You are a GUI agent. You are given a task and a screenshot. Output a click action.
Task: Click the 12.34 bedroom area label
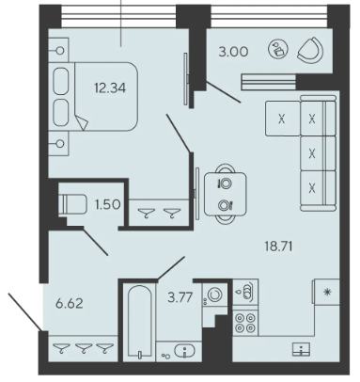point(110,88)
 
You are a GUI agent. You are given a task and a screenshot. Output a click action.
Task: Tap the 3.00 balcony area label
point(233,52)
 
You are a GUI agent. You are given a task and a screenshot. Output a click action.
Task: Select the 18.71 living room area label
point(278,247)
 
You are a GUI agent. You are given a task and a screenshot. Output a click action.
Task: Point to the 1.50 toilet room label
point(107,204)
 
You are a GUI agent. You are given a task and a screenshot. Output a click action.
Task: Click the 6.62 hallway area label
point(70,303)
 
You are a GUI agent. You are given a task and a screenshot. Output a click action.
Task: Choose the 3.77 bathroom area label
point(180,296)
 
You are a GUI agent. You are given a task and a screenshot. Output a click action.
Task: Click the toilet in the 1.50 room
point(72,204)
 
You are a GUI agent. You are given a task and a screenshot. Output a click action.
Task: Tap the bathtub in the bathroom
point(140,321)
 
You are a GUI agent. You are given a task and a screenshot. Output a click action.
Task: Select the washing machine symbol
point(213,295)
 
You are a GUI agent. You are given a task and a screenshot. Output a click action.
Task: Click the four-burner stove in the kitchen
point(245,323)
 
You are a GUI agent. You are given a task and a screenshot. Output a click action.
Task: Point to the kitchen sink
point(301,349)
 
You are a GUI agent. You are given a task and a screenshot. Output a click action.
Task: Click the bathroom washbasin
point(184,351)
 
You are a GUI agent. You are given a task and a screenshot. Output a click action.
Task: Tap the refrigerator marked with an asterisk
point(326,292)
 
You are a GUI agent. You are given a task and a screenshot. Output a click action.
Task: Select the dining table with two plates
point(225,194)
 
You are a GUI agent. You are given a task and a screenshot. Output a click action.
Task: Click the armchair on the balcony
point(310,50)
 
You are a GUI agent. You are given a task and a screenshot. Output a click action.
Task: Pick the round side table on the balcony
point(278,49)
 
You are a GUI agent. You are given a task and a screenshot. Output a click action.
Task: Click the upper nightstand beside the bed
point(58,50)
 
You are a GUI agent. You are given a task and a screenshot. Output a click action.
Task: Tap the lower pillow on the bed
point(61,113)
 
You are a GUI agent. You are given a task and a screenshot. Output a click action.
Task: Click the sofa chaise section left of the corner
point(283,119)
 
